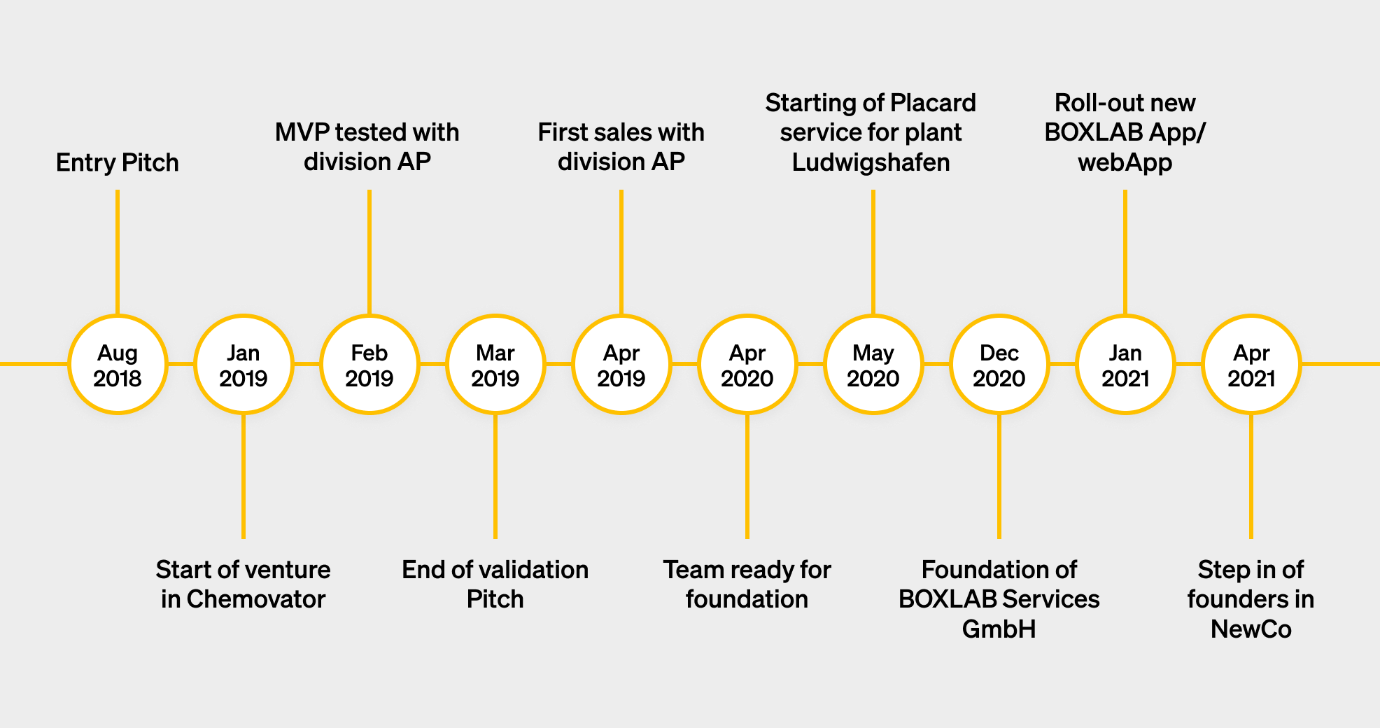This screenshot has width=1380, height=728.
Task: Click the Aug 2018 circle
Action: [x=118, y=365]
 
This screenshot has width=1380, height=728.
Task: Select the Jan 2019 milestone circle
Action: [x=244, y=365]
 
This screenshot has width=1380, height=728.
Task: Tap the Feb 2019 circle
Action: [x=369, y=365]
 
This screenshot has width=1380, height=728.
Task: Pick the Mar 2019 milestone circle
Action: [x=495, y=365]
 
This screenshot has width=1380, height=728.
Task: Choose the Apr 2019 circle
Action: [x=621, y=365]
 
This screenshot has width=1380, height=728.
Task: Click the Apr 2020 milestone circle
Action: [x=747, y=365]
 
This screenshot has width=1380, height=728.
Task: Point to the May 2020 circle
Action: [x=873, y=365]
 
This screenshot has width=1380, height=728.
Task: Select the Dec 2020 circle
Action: [x=999, y=365]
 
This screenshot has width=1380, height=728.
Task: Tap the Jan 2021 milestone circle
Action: [x=1125, y=365]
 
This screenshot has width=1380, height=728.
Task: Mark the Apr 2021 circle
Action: [x=1251, y=365]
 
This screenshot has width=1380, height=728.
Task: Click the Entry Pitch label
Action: [x=118, y=162]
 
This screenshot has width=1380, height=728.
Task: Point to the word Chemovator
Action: [x=256, y=599]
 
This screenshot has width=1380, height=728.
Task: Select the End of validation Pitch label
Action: [x=495, y=584]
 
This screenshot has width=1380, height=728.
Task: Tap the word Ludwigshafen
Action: [x=871, y=162]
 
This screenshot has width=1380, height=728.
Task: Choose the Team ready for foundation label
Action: [x=747, y=584]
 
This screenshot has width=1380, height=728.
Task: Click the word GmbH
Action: [x=999, y=629]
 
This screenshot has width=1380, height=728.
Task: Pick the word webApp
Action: [x=1125, y=162]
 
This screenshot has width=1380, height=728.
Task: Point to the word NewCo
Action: [x=1251, y=629]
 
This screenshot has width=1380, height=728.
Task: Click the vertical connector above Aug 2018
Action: [x=118, y=252]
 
